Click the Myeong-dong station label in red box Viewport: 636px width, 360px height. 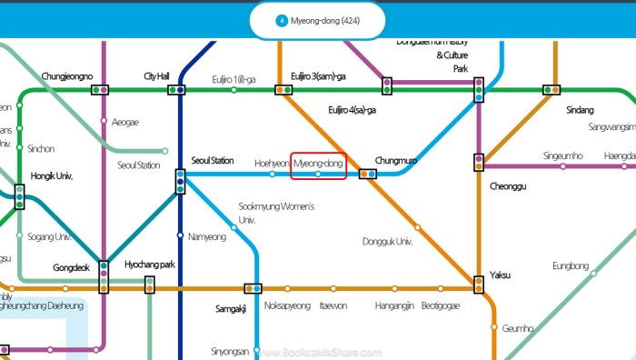coord(318,163)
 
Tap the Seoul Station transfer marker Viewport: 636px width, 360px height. coord(180,182)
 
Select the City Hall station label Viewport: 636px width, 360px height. coord(157,76)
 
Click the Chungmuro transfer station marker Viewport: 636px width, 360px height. coord(368,174)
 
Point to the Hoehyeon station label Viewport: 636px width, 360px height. coord(271,163)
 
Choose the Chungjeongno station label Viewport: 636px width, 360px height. coord(67,76)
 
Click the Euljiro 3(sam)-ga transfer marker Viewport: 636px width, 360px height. coord(283,90)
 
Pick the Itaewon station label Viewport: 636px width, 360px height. coord(333,306)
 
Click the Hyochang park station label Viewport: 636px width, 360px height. coord(150,265)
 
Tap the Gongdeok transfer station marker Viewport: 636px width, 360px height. coord(104,277)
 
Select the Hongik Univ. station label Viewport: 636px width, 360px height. coord(51,175)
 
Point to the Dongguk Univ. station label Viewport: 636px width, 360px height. coord(387,242)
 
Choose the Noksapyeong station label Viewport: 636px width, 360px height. coord(287,306)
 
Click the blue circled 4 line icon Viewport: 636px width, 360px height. coord(282,20)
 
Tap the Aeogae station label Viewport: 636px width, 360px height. coord(125,121)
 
